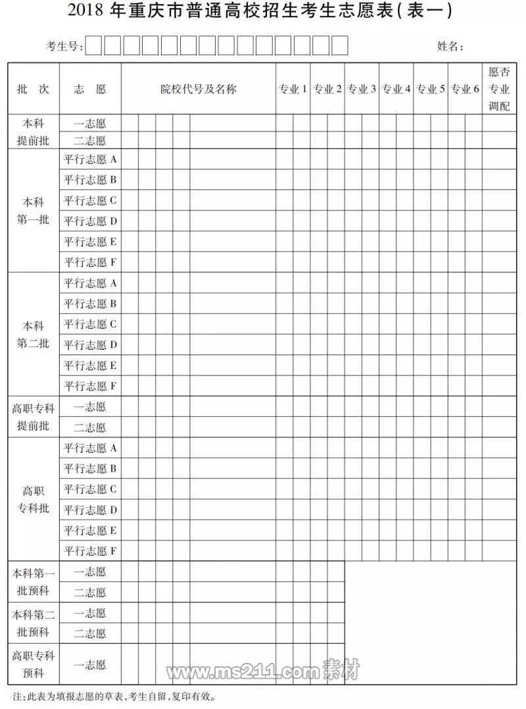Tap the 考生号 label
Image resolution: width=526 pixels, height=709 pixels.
pyautogui.click(x=64, y=46)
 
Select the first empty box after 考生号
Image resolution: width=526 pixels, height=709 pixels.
pyautogui.click(x=95, y=45)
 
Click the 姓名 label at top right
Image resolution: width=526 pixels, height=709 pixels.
pyautogui.click(x=450, y=46)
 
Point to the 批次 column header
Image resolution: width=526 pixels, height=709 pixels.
pyautogui.click(x=33, y=89)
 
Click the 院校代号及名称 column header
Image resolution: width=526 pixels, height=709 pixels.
pyautogui.click(x=199, y=89)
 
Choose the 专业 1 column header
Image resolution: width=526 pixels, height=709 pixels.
pyautogui.click(x=293, y=89)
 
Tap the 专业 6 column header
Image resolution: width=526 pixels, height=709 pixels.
pyautogui.click(x=465, y=89)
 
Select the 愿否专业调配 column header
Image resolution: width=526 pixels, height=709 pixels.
pyautogui.click(x=499, y=89)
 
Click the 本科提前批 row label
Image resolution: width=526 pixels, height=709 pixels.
pyautogui.click(x=33, y=132)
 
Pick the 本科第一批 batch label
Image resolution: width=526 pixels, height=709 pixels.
pyautogui.click(x=33, y=210)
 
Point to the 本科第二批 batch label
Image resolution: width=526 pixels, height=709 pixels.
pyautogui.click(x=33, y=334)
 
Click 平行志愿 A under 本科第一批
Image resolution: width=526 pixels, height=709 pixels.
pyautogui.click(x=90, y=159)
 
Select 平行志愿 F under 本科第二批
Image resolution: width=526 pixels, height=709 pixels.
pyautogui.click(x=90, y=385)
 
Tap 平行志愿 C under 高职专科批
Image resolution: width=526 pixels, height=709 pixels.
pyautogui.click(x=90, y=489)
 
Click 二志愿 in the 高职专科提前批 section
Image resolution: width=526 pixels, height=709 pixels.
pyautogui.click(x=90, y=428)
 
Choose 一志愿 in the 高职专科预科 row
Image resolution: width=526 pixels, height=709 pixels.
pyautogui.click(x=90, y=665)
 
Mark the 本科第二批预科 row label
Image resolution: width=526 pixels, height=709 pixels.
pyautogui.click(x=33, y=623)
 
